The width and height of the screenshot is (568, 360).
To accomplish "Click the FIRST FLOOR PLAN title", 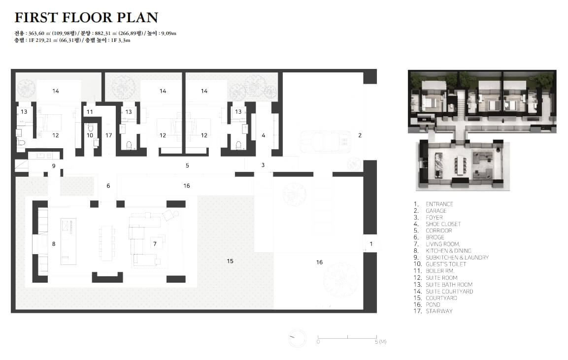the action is pyautogui.click(x=86, y=17).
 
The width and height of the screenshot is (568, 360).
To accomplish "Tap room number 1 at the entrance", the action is pyautogui.click(x=371, y=244).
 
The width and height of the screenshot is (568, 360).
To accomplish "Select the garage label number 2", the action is pyautogui.click(x=360, y=135).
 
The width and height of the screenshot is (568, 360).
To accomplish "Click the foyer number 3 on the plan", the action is pyautogui.click(x=263, y=165).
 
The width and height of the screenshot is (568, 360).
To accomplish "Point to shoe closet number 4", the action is pyautogui.click(x=264, y=135).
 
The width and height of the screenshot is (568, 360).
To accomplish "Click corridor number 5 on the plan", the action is pyautogui.click(x=187, y=165).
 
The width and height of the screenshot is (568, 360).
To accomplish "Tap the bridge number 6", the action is pyautogui.click(x=108, y=186).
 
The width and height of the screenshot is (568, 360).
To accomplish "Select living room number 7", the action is pyautogui.click(x=155, y=244).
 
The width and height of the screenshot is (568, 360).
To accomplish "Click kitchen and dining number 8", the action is pyautogui.click(x=54, y=244).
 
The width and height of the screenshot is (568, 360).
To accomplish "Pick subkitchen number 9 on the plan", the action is pyautogui.click(x=54, y=166).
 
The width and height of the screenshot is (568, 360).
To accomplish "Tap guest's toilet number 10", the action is pyautogui.click(x=90, y=135).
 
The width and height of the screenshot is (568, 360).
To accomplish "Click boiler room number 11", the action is pyautogui.click(x=90, y=112).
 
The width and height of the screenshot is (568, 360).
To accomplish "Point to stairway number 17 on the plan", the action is pyautogui.click(x=109, y=135).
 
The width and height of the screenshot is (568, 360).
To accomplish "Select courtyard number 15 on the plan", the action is pyautogui.click(x=230, y=261).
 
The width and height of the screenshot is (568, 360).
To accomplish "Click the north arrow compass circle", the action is pyautogui.click(x=297, y=338).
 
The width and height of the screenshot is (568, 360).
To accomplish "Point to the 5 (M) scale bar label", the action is pyautogui.click(x=381, y=341).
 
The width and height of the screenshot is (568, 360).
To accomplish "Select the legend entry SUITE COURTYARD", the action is pyautogui.click(x=449, y=291).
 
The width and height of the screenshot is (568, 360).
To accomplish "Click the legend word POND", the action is pyautogui.click(x=433, y=304).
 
